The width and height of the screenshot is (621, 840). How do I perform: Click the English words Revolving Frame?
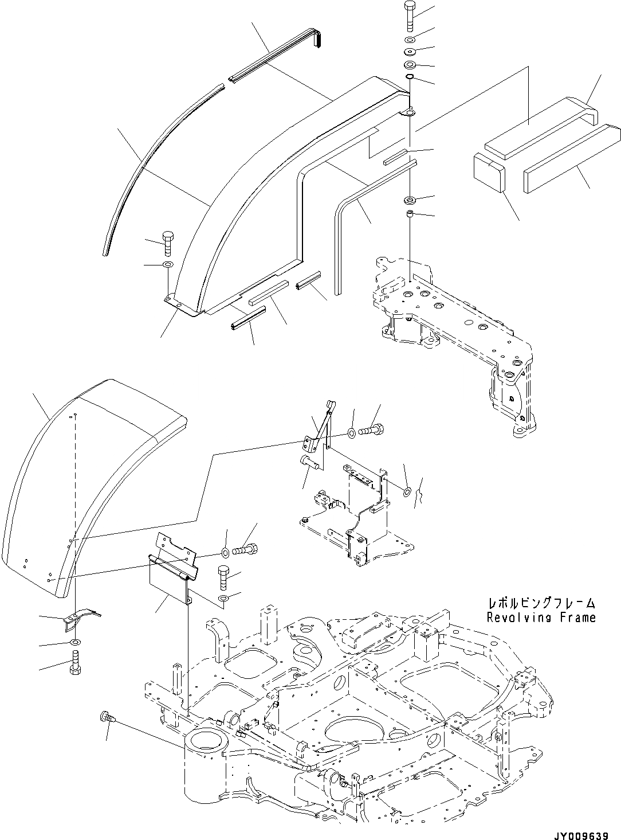tap(541, 618)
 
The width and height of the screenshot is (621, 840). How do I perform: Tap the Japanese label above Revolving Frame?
tap(541, 603)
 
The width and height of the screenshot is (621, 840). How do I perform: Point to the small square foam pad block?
tap(488, 170)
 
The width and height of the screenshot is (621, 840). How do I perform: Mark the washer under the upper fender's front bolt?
tap(167, 264)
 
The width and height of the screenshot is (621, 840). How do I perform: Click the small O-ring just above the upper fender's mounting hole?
tap(411, 78)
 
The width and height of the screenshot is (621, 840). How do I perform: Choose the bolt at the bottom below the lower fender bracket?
tap(74, 663)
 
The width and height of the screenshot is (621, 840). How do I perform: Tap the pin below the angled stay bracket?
tap(309, 461)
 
